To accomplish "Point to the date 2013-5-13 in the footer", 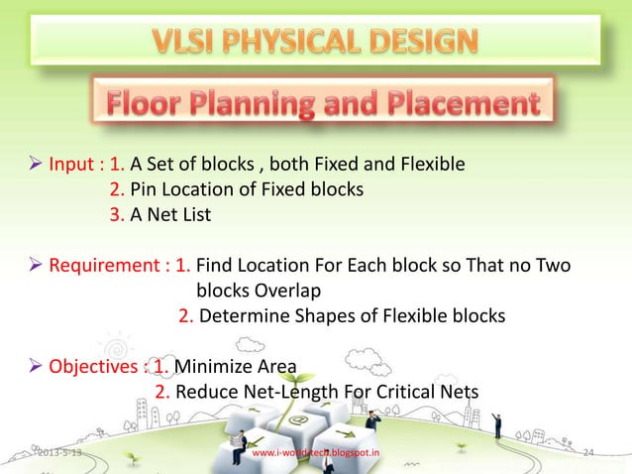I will pyautogui.click(x=60, y=453).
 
